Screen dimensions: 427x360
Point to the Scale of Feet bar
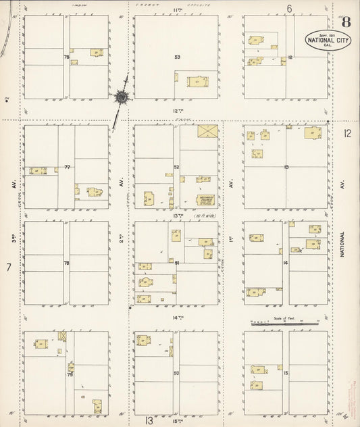pyautogui.click(x=283, y=324)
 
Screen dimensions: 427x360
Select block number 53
pyautogui.click(x=178, y=57)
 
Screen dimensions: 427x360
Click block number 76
pyautogui.click(x=66, y=57)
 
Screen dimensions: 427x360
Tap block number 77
pyautogui.click(x=67, y=166)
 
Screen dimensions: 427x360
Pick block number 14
pyautogui.click(x=286, y=262)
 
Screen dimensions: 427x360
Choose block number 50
pyautogui.click(x=177, y=373)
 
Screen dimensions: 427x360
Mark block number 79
pyautogui.click(x=69, y=373)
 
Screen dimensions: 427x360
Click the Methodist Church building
pyautogui.click(x=205, y=199)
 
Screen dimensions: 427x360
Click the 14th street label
pyautogui.click(x=178, y=318)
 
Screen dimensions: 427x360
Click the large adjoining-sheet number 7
pyautogui.click(x=9, y=268)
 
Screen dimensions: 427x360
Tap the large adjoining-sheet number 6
pyautogui.click(x=288, y=9)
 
